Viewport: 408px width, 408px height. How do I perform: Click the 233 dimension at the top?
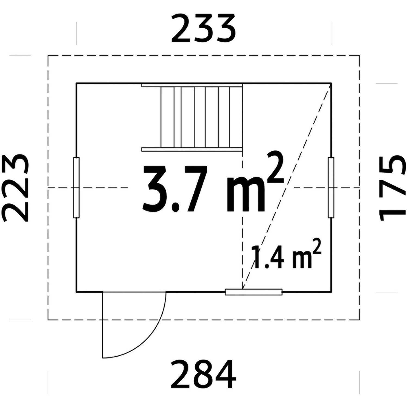tap(203, 29)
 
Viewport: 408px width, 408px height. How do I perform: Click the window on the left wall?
tap(76, 188)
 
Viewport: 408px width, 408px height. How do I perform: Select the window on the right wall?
tap(331, 188)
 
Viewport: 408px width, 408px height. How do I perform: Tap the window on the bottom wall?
tap(254, 292)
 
